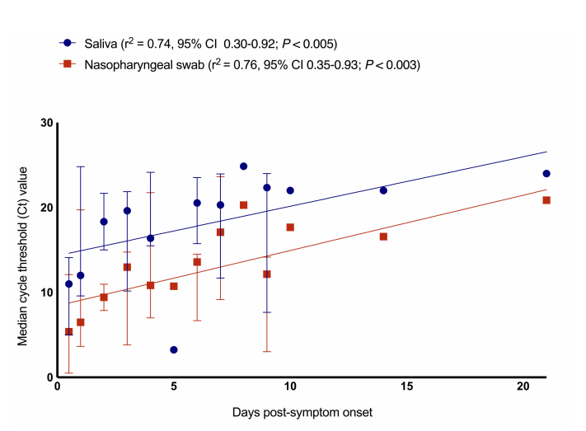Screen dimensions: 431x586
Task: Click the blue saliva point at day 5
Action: tap(174, 349)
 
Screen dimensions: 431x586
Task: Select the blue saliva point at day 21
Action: tap(546, 174)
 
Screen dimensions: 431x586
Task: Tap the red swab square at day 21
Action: tap(546, 200)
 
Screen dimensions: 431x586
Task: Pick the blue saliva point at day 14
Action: tap(383, 190)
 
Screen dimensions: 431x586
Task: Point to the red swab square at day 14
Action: tap(383, 237)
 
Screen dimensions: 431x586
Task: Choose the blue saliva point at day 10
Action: tap(290, 190)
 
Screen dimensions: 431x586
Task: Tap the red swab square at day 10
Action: tap(290, 227)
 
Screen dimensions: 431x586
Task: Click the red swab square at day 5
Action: tap(174, 286)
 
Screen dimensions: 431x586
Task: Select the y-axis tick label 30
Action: tap(46, 123)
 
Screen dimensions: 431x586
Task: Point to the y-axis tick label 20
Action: tap(46, 208)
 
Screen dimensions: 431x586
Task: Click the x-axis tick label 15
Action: tap(406, 386)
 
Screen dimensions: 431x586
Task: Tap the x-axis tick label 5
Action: tap(174, 386)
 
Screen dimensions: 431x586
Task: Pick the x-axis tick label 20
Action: tap(523, 386)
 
